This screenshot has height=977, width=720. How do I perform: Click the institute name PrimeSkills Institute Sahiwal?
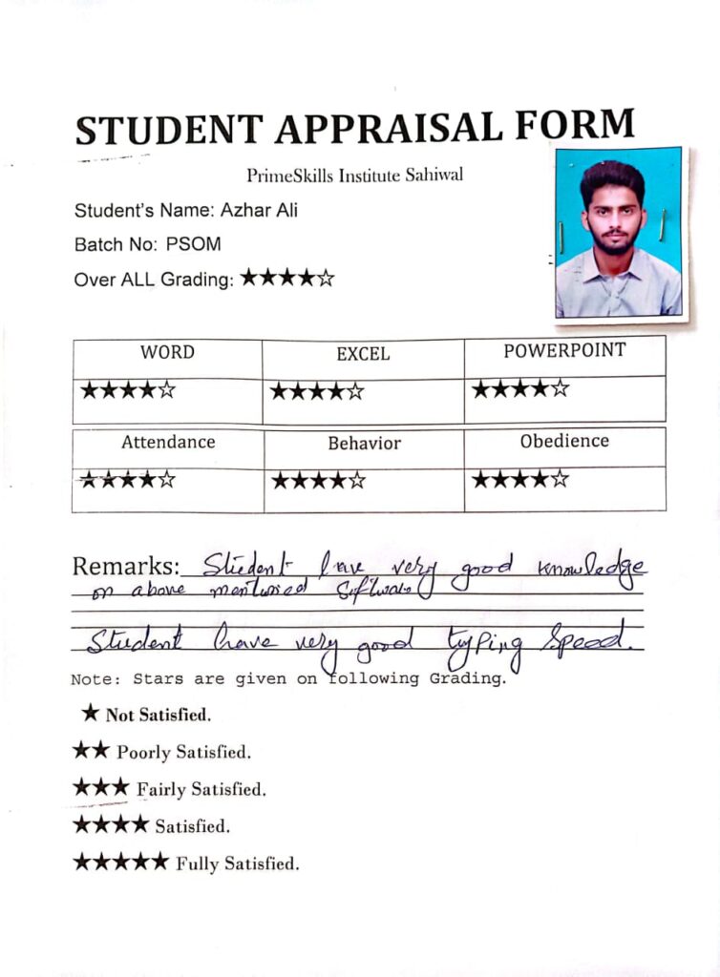tap(355, 176)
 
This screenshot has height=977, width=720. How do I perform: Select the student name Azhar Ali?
tap(259, 210)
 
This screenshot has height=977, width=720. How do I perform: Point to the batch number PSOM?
tap(193, 244)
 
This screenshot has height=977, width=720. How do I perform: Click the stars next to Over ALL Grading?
tap(286, 279)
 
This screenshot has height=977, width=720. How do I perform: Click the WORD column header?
tap(167, 352)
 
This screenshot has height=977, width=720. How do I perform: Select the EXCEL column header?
tap(363, 354)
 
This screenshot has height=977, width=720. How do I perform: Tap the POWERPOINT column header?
tap(564, 350)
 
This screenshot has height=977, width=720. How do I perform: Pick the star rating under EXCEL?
tap(317, 390)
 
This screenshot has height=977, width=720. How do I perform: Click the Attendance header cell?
tap(168, 443)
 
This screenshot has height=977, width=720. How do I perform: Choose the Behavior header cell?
tap(364, 444)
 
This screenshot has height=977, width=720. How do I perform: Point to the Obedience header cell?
tap(564, 442)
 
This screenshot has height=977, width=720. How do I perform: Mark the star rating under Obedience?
tap(520, 478)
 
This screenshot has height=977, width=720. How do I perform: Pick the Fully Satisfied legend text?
tap(237, 864)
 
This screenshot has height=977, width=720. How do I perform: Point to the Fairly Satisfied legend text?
tap(201, 790)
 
